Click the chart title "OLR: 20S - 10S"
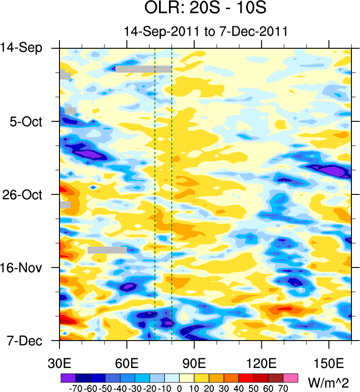tap(205, 9)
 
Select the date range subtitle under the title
tap(205, 32)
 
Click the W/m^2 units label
tap(329, 383)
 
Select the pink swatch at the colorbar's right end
tap(291, 377)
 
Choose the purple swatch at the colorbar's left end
tap(68, 377)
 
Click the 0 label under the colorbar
tap(179, 387)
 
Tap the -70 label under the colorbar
tap(74, 387)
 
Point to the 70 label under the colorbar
tap(283, 387)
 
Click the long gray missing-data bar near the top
tap(143, 69)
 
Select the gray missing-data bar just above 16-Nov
tap(107, 250)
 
